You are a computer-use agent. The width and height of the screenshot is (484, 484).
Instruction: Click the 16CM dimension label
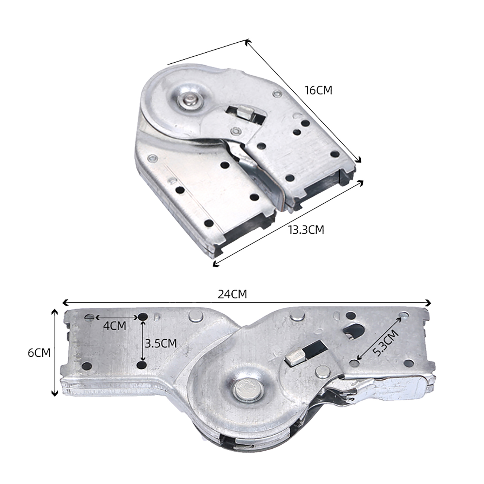click(318, 90)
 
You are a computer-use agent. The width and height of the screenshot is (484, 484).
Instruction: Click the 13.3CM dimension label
click(306, 230)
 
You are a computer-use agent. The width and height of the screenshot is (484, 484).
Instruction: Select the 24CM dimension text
click(232, 294)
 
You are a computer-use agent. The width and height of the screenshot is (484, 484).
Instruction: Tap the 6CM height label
click(39, 353)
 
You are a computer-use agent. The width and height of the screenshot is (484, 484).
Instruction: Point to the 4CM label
click(114, 326)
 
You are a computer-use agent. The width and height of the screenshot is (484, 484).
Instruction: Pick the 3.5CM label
click(161, 343)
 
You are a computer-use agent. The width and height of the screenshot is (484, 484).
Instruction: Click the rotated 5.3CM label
click(385, 343)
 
